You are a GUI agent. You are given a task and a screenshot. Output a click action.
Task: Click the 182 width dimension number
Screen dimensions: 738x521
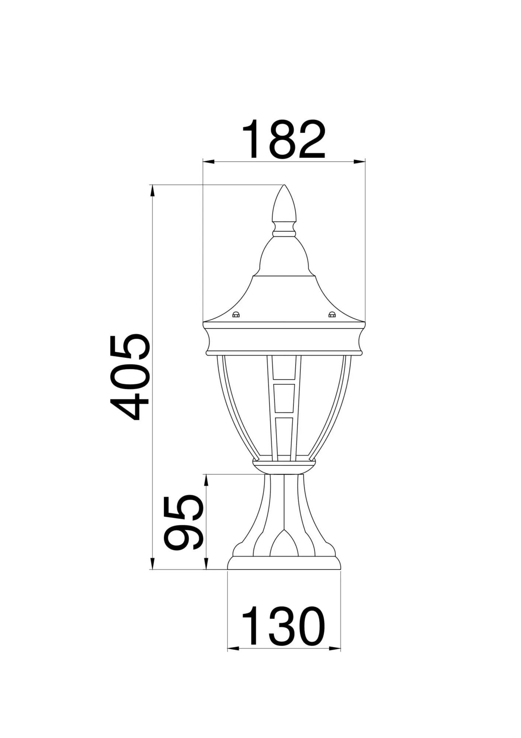pyautogui.click(x=284, y=139)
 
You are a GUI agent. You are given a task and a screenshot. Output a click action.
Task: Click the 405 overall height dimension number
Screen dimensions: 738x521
pyautogui.click(x=130, y=377)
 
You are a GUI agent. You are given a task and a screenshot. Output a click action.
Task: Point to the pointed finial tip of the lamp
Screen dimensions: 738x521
pyautogui.click(x=284, y=187)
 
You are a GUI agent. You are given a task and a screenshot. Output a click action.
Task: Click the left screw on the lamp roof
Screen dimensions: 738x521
pyautogui.click(x=236, y=315)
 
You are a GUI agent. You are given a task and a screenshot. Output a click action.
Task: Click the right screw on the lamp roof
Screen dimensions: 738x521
pyautogui.click(x=332, y=315)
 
